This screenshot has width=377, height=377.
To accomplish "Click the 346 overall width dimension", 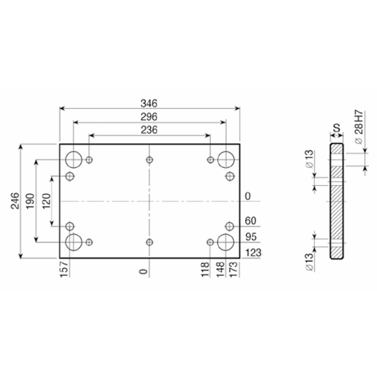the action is pyautogui.click(x=149, y=103).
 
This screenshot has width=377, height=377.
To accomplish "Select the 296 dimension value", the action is pyautogui.click(x=149, y=117).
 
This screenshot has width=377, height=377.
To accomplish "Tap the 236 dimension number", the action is pyautogui.click(x=149, y=130).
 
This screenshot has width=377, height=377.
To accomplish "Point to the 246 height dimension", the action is pyautogui.click(x=15, y=201).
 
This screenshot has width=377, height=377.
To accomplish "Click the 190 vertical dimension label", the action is pyautogui.click(x=30, y=201).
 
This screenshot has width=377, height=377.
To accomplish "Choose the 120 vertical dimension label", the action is pyautogui.click(x=47, y=201).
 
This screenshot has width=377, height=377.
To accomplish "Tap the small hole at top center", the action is pyautogui.click(x=149, y=160).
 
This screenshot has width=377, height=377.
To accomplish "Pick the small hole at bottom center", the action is pyautogui.click(x=149, y=242).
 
